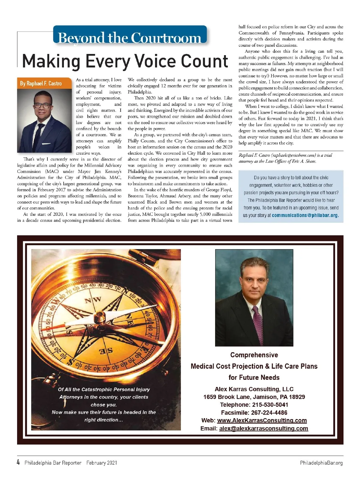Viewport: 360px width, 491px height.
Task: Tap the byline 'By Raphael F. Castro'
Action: coord(41,83)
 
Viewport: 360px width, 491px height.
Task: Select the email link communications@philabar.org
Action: coord(305,215)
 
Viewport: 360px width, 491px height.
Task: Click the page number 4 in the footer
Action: coord(18,462)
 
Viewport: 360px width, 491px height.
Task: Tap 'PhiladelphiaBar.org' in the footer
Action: coord(321,463)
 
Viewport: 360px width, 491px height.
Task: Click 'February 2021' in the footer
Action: coord(102,463)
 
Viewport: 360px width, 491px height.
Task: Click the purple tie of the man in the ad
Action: coord(258,325)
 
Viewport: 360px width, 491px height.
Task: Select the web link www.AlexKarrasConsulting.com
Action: coord(262,420)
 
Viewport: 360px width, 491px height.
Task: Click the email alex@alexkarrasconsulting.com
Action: coord(263,428)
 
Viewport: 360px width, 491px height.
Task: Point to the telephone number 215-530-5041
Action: coord(270,405)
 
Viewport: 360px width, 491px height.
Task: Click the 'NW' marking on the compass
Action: coord(93,300)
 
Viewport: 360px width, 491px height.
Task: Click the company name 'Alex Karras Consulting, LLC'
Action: coord(254,389)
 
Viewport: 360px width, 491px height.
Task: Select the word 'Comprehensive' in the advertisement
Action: coord(254,355)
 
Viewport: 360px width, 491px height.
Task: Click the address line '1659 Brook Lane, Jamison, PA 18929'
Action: coord(254,397)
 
